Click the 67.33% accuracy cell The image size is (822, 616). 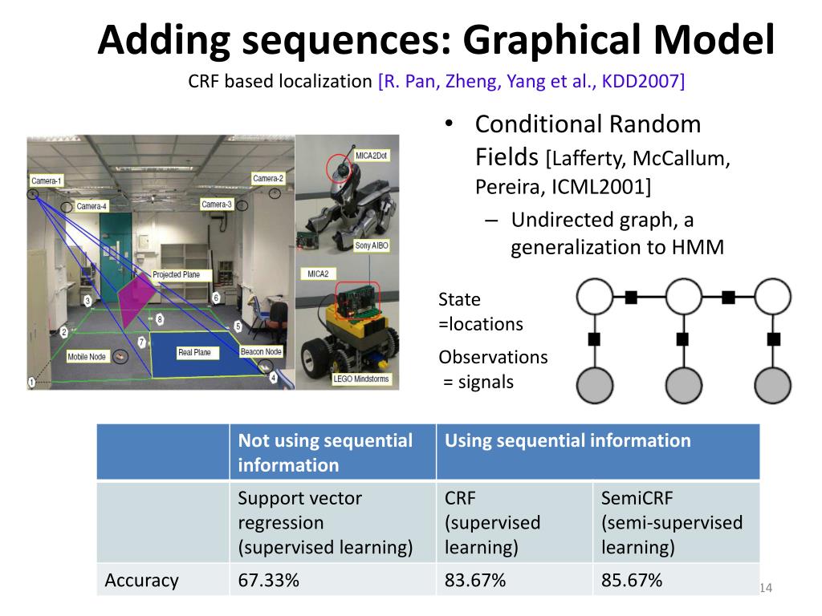coord(268,580)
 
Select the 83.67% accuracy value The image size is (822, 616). coord(475,580)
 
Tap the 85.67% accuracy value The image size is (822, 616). coord(632,580)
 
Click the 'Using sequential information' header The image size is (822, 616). coord(568,440)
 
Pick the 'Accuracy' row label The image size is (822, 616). coord(141,580)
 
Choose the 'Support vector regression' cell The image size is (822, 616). coord(324,522)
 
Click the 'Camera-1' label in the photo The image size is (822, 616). coord(47,181)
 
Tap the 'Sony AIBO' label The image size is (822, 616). coord(373,245)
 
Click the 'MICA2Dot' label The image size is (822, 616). coord(372,154)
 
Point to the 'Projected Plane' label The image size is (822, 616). coord(176,275)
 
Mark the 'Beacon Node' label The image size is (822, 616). coord(261,352)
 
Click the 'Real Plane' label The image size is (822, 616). coord(194,352)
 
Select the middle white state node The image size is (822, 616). coord(683,298)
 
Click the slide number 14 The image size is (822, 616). coord(765,590)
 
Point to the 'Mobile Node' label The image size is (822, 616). coord(87,356)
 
